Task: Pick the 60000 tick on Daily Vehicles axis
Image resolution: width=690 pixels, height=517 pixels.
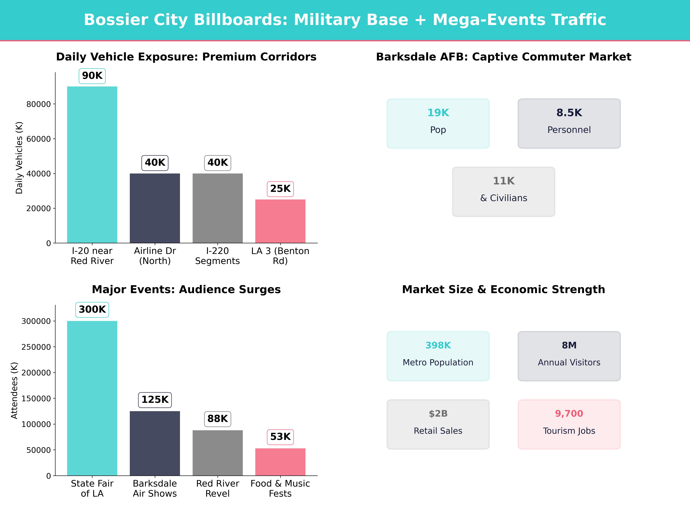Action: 38,139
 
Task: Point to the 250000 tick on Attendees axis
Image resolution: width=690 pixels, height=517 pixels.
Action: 36,347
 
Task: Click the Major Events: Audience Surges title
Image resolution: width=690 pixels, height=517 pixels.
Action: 186,290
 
